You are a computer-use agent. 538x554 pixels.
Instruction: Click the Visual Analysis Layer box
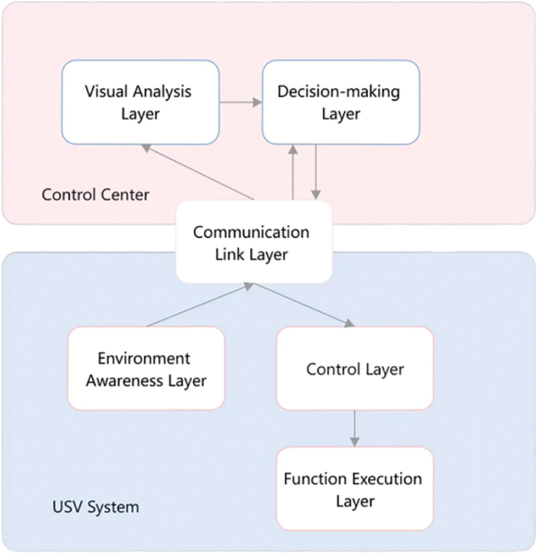141,103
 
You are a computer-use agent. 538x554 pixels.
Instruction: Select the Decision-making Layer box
341,103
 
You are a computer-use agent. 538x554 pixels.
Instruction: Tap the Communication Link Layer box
254,242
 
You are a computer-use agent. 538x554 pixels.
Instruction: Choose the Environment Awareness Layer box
146,368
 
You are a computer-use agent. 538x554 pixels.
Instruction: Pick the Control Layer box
355,368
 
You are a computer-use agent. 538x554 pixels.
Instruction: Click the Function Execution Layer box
355,489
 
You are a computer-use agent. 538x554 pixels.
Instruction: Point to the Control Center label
96,195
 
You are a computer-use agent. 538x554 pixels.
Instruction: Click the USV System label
96,507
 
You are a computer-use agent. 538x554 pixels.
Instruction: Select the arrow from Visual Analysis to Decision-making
240,103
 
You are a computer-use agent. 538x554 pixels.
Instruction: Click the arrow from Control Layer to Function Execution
355,428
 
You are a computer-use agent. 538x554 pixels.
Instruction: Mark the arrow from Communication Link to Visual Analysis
198,172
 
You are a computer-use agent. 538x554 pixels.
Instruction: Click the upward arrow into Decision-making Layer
293,172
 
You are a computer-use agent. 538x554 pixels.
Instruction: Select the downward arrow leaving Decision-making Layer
316,172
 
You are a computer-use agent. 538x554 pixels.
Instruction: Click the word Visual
107,92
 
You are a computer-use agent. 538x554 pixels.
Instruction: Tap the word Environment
144,359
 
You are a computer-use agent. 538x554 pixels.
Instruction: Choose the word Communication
251,232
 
